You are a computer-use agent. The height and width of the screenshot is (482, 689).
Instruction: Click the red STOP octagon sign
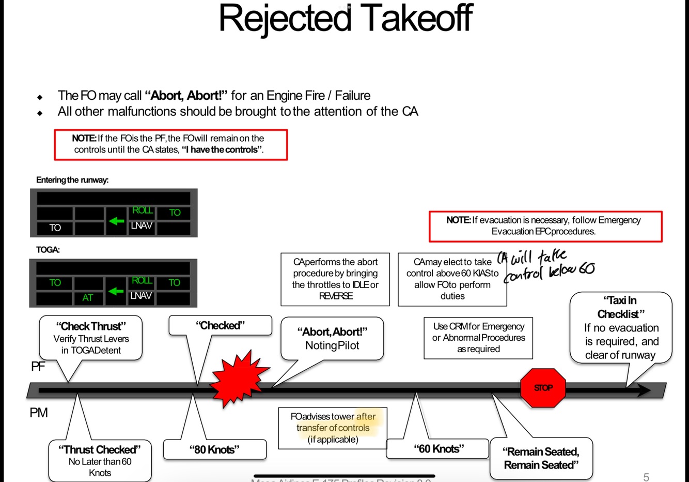pos(543,388)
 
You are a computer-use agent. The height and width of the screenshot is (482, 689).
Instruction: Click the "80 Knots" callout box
pos(214,449)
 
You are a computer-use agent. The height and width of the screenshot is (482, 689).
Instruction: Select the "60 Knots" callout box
pos(438,448)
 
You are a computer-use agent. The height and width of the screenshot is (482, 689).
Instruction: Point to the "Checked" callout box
pos(220,326)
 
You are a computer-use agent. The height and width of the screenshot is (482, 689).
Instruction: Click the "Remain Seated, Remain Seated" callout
pos(541,458)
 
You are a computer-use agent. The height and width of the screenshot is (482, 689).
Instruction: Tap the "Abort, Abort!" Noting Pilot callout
pos(332,339)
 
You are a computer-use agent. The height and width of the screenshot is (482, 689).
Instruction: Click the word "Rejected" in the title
pos(285,19)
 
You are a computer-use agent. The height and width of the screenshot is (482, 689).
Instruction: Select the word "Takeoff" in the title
pos(416,19)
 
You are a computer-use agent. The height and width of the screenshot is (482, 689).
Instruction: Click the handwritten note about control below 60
pos(547,264)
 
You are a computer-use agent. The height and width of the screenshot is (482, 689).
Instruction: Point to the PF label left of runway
pos(38,366)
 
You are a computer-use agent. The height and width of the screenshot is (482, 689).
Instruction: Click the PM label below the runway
pos(39,413)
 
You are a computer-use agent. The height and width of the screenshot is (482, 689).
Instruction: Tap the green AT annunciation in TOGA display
pos(88,298)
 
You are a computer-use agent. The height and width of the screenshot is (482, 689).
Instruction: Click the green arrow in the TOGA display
pos(116,291)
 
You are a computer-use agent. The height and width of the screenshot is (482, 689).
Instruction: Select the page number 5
pos(646,477)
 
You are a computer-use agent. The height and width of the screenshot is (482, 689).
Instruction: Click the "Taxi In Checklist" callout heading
pos(621,307)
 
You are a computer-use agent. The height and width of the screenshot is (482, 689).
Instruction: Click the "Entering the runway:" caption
pos(72,180)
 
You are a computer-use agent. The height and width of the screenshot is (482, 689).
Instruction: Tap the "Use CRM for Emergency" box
pos(478,338)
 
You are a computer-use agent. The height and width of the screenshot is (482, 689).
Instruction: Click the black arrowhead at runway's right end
pos(643,390)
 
